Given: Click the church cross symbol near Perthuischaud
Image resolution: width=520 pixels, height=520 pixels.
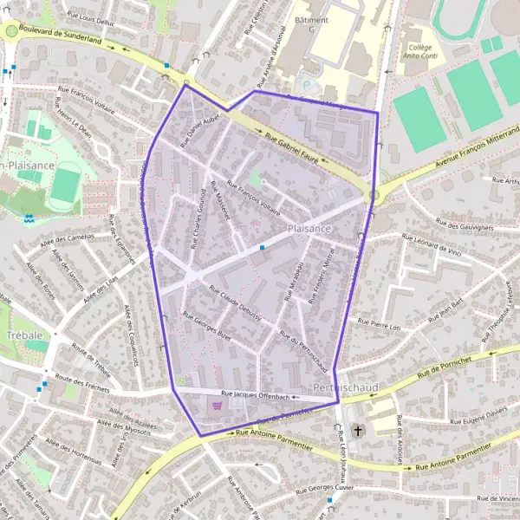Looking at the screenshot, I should [x=358, y=430].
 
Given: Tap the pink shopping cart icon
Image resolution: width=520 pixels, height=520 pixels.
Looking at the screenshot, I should [x=217, y=405].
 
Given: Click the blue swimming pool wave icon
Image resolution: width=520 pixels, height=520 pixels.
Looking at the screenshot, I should [x=29, y=219].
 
